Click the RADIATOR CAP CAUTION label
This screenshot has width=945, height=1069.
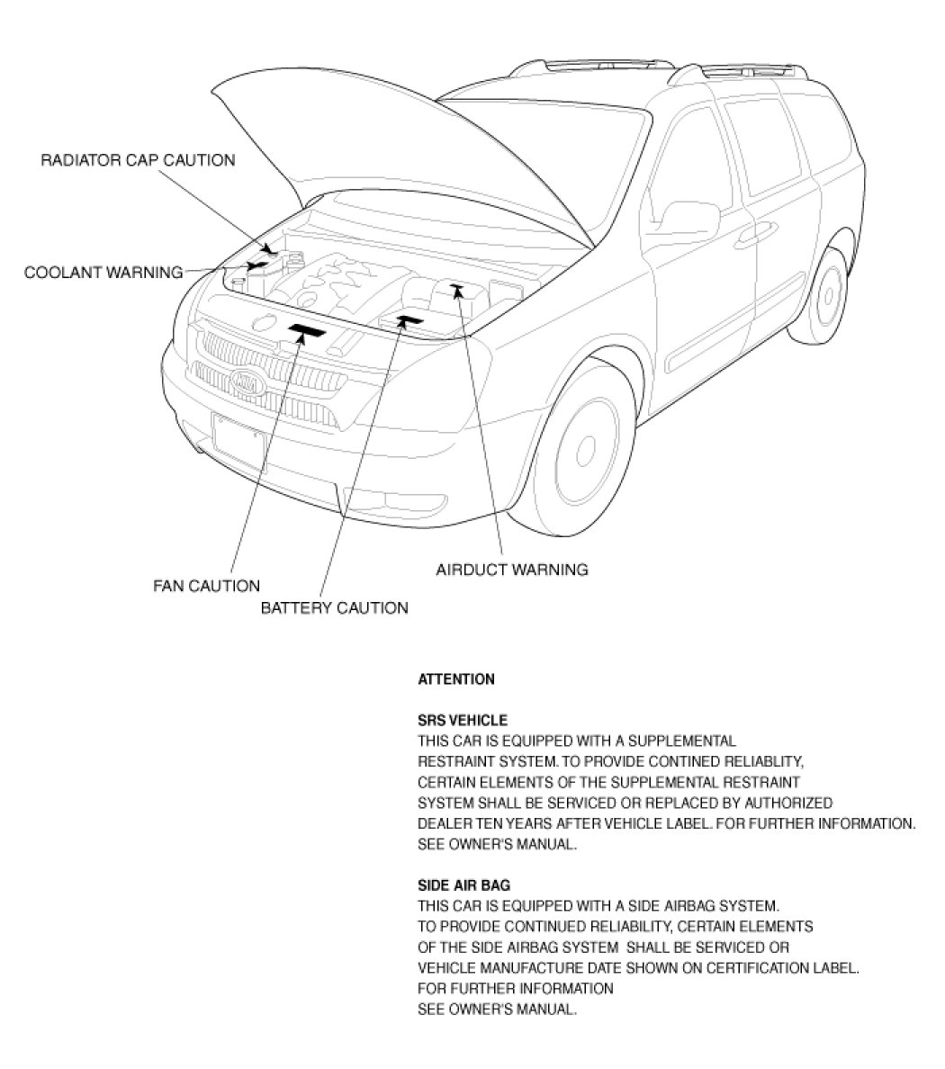(x=138, y=160)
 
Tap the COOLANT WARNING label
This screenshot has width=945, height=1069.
(x=103, y=272)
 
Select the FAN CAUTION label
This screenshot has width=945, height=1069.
(x=206, y=587)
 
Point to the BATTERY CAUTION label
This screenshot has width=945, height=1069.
(x=334, y=608)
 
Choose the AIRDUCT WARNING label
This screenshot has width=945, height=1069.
(x=511, y=570)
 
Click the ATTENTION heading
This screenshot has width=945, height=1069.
(x=456, y=679)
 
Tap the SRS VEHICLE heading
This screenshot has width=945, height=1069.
(x=463, y=721)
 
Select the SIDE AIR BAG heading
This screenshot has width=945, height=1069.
(x=464, y=885)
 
